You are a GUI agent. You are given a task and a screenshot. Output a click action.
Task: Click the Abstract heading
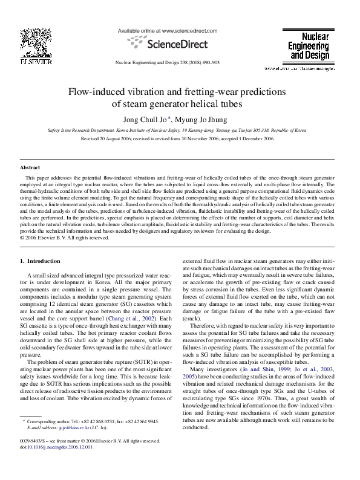click(30, 166)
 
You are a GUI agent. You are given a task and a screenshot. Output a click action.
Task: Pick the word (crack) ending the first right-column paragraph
click(192, 317)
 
